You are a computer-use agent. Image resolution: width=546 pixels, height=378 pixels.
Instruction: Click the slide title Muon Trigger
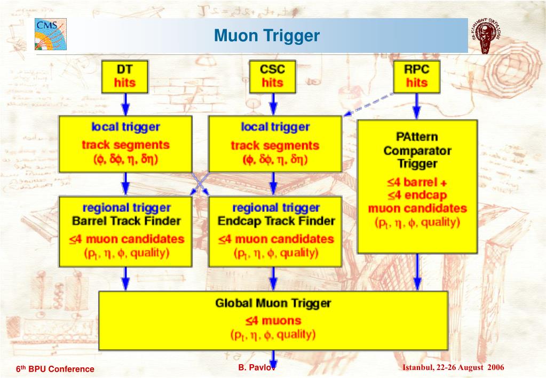click(267, 36)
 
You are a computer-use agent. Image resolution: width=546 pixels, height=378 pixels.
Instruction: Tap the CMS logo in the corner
click(51, 34)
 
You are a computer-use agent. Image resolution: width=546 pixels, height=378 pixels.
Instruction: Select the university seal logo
click(485, 36)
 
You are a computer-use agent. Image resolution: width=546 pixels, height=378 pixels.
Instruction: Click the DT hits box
click(124, 76)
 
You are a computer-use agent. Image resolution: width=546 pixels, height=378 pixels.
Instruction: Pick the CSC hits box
click(272, 76)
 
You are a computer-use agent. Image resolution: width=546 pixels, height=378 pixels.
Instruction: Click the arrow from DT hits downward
click(124, 104)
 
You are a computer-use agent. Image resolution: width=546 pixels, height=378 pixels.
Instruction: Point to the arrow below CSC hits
click(272, 104)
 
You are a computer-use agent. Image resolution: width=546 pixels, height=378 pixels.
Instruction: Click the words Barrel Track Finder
click(126, 220)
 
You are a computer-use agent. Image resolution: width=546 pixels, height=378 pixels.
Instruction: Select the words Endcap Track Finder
click(276, 220)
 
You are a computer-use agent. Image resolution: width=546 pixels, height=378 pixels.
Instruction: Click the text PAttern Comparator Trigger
click(417, 151)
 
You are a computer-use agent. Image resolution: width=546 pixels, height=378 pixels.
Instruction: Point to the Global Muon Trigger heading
click(273, 304)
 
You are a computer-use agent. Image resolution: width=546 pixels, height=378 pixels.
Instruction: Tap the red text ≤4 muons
click(273, 321)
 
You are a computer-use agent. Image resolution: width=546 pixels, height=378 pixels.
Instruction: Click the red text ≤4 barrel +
click(417, 182)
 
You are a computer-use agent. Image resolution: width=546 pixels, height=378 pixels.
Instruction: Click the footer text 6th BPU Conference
click(55, 369)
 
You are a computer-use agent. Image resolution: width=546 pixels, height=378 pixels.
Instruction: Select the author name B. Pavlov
click(257, 368)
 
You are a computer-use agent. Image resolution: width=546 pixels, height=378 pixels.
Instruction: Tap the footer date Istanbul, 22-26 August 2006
click(453, 368)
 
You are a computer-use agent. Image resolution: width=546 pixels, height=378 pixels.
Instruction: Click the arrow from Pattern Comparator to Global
click(417, 272)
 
